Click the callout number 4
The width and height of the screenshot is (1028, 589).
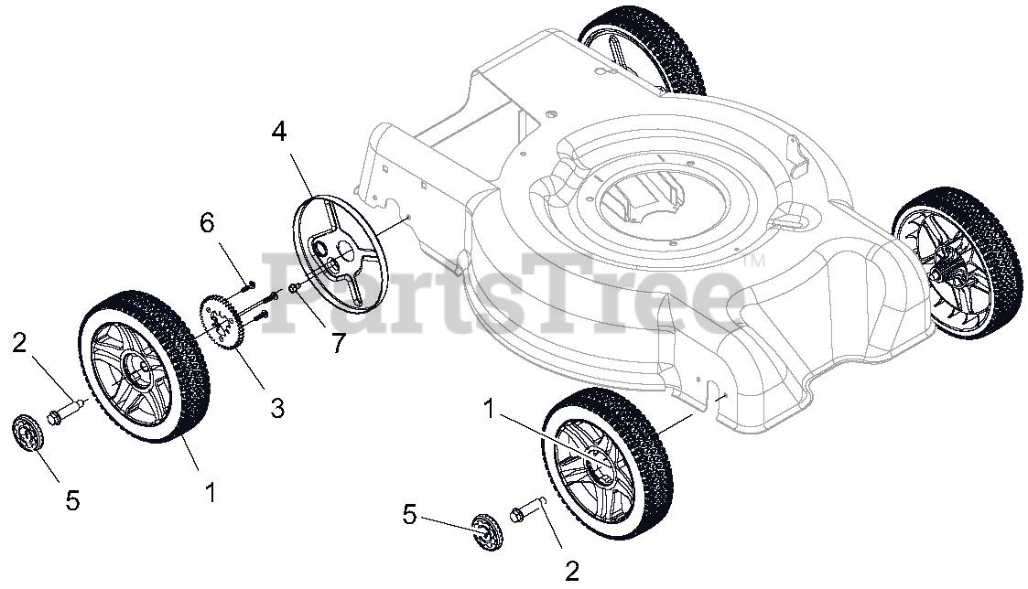278,131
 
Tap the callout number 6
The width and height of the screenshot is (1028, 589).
207,222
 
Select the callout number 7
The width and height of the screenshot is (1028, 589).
340,343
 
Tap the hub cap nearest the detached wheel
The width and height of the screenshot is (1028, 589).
29,433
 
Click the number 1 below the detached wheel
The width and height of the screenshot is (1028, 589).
211,493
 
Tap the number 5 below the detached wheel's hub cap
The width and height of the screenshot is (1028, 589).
72,500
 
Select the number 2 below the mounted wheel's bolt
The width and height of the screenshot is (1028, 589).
572,572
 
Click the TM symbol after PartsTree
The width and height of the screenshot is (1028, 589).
756,262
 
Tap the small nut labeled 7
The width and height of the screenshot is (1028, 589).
293,289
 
